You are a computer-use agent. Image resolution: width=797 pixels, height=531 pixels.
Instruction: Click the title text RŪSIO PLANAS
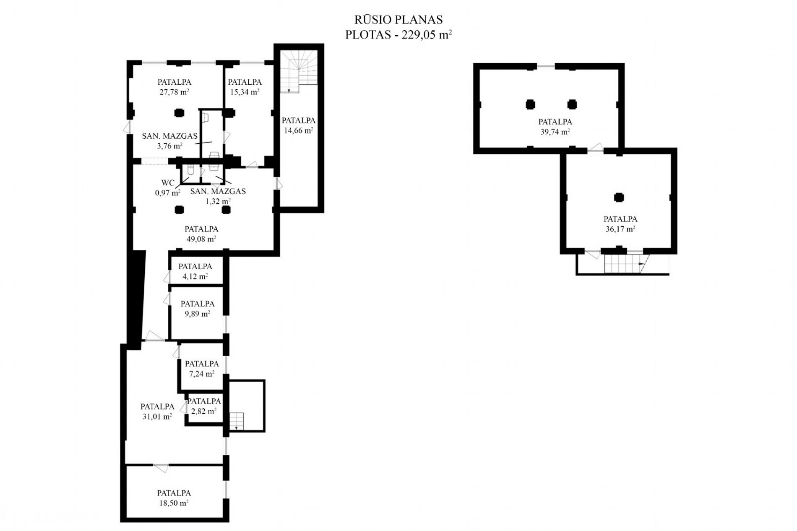398,20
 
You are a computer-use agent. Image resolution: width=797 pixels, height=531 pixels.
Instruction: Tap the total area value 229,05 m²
427,35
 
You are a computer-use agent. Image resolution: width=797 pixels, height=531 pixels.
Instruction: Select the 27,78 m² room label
174,92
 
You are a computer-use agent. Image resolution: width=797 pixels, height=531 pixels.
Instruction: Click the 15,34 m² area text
245,92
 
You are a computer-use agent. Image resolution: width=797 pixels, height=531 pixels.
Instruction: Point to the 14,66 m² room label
298,130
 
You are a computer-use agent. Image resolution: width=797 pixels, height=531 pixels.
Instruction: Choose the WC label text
168,183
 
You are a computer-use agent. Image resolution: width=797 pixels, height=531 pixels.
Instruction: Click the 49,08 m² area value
201,239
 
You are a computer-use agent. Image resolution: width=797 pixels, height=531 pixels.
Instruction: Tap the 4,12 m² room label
195,276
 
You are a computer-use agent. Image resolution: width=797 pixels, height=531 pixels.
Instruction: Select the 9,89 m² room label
197,313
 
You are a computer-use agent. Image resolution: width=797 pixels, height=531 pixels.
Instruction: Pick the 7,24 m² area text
202,373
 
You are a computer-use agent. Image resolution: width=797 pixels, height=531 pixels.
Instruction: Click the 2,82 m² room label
204,411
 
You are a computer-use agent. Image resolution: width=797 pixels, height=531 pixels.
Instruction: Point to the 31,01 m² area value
157,416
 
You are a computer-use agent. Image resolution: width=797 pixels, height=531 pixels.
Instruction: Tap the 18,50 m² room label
174,503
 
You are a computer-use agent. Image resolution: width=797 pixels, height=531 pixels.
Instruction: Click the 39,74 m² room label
555,132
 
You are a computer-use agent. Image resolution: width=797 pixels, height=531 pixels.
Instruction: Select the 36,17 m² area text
620,229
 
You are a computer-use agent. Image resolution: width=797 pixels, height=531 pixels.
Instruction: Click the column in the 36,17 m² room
619,197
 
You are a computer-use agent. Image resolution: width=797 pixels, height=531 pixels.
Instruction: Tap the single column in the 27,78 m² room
179,112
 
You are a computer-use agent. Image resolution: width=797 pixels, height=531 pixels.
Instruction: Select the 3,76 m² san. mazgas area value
169,146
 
